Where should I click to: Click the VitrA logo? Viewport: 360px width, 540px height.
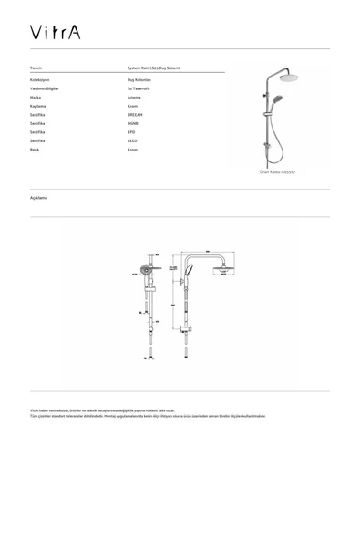pos(54,33)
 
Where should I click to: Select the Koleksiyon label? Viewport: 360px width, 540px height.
pos(40,79)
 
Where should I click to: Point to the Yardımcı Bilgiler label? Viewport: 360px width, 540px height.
pos(45,88)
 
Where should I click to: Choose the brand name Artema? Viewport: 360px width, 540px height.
pos(134,97)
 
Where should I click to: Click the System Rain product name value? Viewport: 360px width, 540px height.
pos(154,68)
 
